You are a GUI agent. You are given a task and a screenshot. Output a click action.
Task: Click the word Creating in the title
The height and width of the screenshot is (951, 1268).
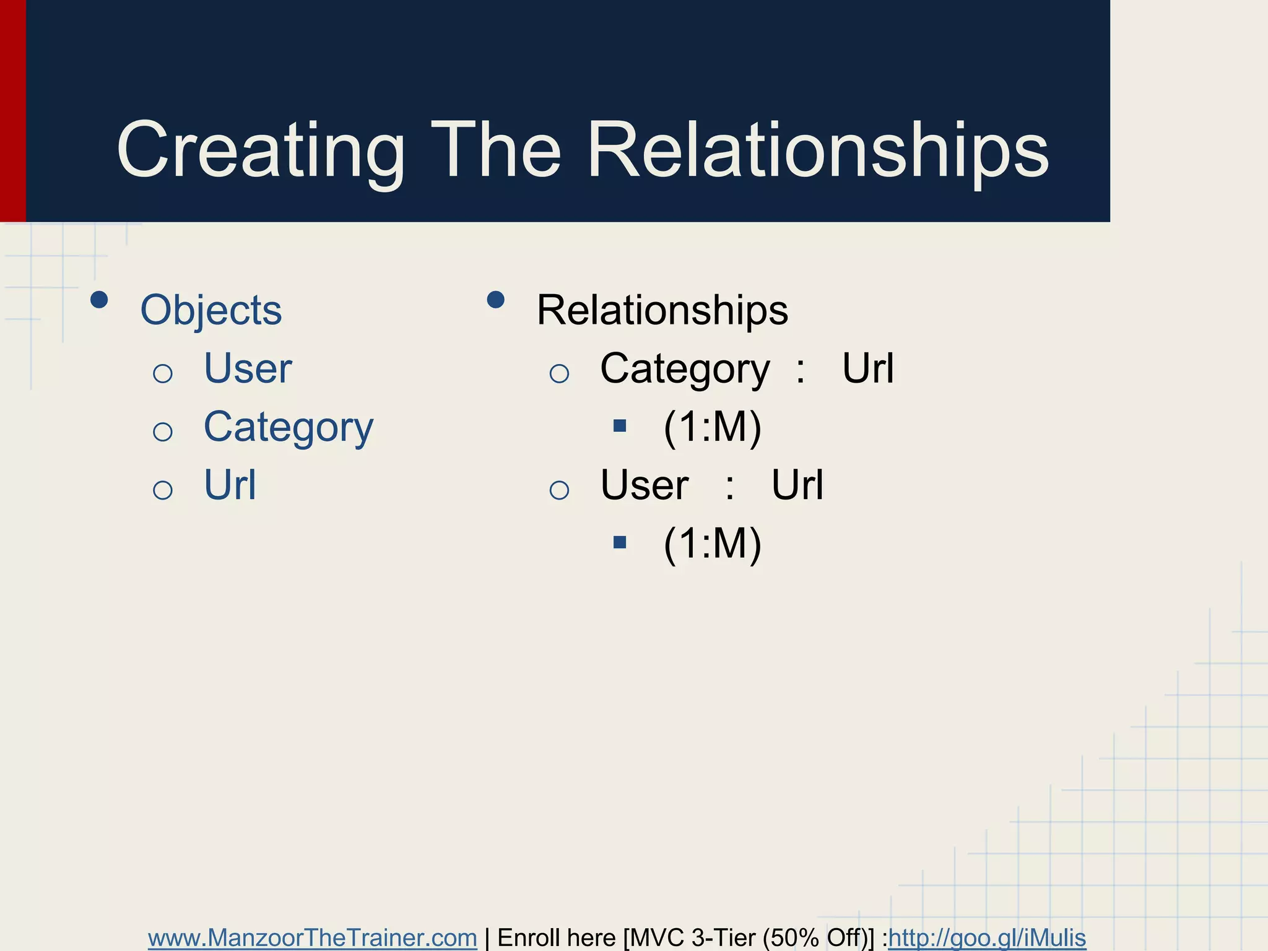[x=260, y=151]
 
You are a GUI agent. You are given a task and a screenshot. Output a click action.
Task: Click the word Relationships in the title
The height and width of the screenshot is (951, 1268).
[x=817, y=151]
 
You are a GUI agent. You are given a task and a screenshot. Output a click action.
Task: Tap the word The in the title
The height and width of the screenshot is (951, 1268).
[x=495, y=151]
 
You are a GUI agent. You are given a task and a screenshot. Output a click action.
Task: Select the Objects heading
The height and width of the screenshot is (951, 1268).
[x=211, y=310]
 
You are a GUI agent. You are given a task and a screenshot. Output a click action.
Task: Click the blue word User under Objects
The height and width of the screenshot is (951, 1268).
[x=248, y=368]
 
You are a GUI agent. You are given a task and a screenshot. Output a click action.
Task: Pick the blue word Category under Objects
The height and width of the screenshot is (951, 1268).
[x=289, y=427]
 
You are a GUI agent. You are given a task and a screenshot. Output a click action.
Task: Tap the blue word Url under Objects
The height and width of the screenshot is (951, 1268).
[x=230, y=485]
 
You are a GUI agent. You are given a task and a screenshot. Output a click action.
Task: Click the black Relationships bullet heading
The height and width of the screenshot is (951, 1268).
[x=662, y=310]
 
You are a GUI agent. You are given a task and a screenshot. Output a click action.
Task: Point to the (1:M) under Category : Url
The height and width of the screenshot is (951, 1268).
[x=712, y=427]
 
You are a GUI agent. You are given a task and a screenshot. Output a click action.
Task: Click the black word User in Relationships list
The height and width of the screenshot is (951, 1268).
[x=645, y=485]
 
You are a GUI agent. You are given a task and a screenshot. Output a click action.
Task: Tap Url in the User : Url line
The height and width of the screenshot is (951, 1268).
[x=797, y=485]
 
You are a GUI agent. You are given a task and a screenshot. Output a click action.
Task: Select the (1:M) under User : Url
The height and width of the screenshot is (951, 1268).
[x=712, y=544]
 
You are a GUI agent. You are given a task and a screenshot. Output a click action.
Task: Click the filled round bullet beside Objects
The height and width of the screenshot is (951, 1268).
[x=99, y=300]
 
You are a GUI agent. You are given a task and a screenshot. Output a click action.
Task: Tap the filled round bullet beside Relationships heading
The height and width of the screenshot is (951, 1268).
[x=495, y=300]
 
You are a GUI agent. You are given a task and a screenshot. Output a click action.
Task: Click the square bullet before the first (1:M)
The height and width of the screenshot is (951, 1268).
[x=620, y=426]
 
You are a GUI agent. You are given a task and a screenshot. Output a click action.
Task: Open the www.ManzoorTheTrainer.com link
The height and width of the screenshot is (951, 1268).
[x=312, y=937]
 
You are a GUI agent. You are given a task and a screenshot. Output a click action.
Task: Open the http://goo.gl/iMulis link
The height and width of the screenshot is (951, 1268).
[x=987, y=937]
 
